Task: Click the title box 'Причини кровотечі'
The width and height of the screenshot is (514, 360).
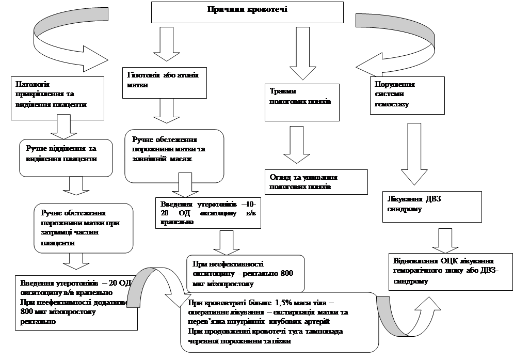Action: click(247, 12)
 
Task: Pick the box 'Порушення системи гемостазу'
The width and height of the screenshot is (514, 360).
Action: click(407, 95)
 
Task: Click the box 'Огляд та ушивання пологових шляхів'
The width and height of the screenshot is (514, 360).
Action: click(316, 181)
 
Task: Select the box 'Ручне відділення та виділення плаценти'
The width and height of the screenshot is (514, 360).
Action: click(66, 154)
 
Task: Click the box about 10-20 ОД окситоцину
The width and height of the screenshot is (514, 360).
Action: click(207, 212)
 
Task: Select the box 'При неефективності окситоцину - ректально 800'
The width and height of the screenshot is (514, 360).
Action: click(245, 273)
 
